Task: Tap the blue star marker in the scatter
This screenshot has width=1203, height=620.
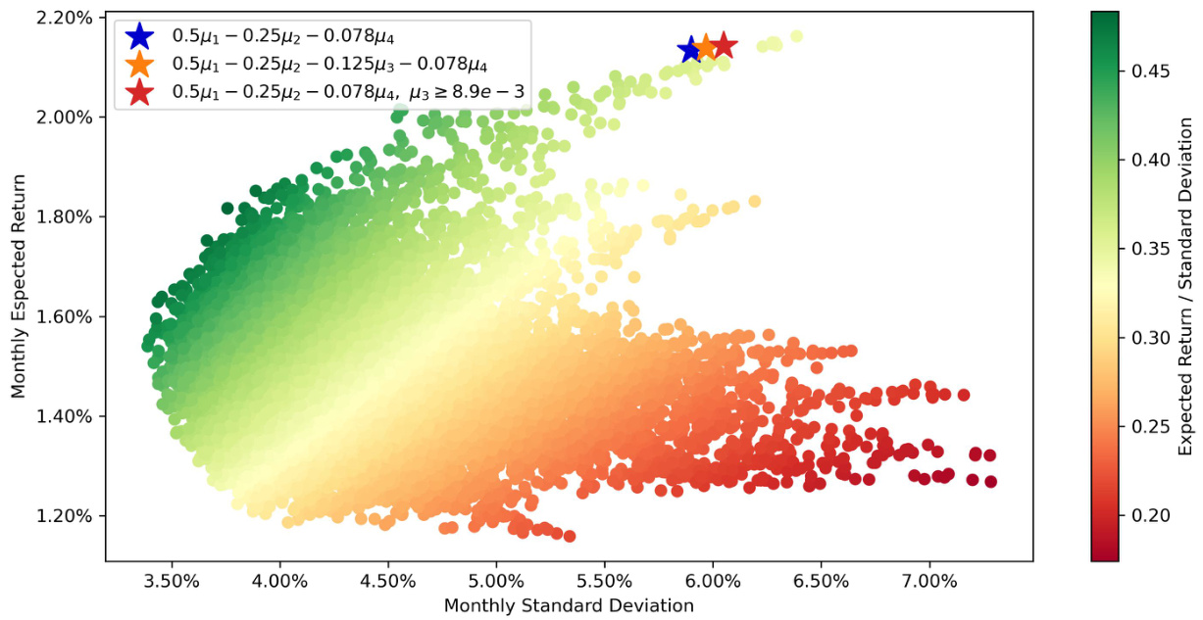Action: [x=691, y=49]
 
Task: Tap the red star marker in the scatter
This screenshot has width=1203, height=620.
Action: [x=724, y=45]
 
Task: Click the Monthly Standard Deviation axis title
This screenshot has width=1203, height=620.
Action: [x=569, y=605]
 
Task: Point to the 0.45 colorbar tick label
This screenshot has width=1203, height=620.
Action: [x=1149, y=72]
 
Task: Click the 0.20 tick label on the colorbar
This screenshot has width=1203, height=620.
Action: [x=1149, y=515]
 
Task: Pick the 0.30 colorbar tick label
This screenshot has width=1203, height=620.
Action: [x=1149, y=338]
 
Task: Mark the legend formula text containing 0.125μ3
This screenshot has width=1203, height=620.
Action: [x=328, y=65]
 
